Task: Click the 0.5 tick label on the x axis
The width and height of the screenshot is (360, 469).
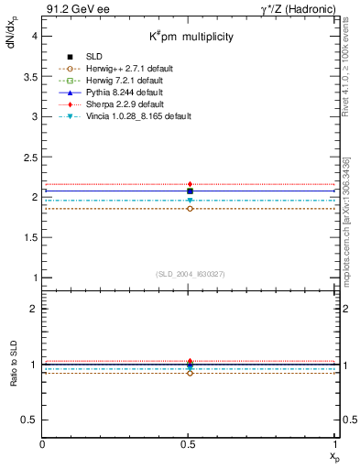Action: [189, 445]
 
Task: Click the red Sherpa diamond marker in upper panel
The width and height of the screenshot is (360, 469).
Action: [190, 185]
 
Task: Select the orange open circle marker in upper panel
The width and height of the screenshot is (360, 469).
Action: [190, 209]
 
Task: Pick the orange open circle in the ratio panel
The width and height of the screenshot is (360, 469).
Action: [190, 373]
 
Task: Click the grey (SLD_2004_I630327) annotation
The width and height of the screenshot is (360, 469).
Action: [190, 274]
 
